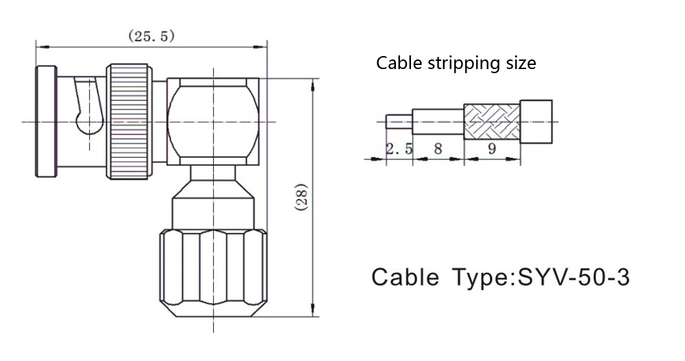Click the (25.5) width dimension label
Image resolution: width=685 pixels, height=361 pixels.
click(151, 36)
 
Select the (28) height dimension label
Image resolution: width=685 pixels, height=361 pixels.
click(302, 197)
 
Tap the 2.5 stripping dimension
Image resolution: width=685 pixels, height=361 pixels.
click(399, 148)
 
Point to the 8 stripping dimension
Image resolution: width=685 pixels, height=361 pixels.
click(438, 148)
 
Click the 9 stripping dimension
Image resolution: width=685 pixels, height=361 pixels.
click(492, 148)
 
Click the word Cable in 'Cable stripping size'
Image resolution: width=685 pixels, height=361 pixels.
click(399, 63)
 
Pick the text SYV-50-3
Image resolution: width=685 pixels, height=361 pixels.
click(573, 276)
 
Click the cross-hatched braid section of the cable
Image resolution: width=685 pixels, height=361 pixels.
click(492, 121)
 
